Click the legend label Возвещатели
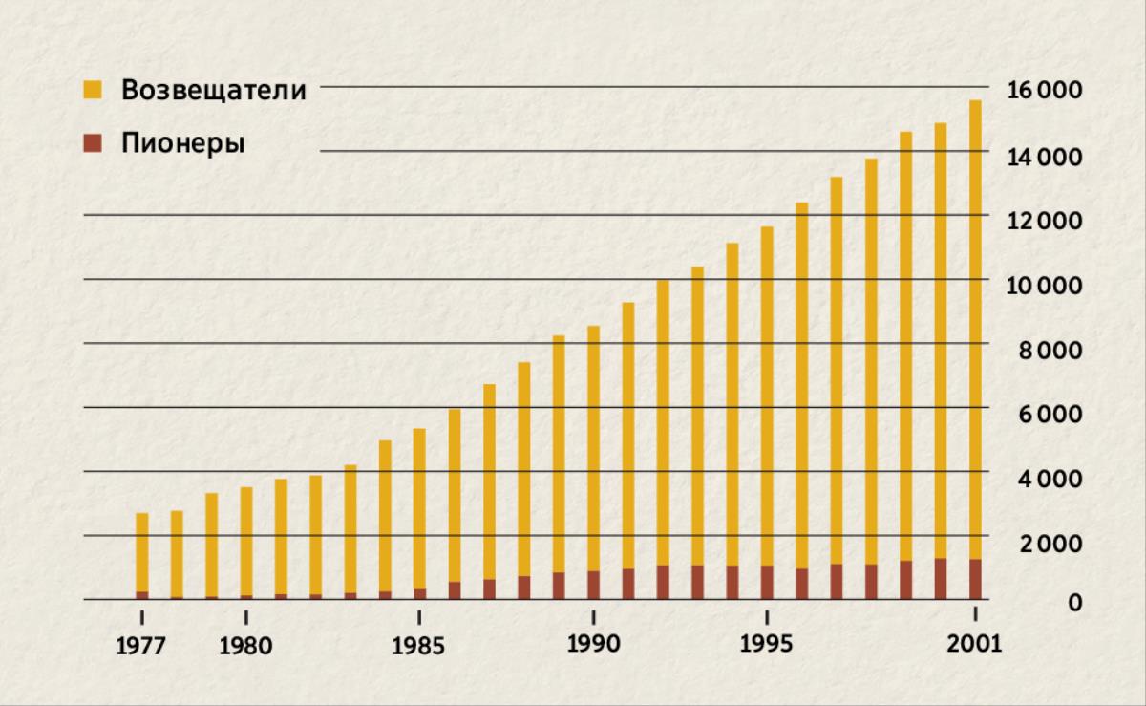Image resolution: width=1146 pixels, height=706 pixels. pyautogui.click(x=213, y=91)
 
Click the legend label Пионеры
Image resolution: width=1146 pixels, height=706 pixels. pyautogui.click(x=182, y=143)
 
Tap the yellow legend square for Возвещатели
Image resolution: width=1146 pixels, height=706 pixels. pyautogui.click(x=92, y=91)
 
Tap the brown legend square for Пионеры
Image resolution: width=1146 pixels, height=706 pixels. pyautogui.click(x=92, y=143)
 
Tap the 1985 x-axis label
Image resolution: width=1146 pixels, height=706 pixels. pyautogui.click(x=418, y=646)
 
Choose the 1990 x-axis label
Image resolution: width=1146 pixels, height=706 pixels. pyautogui.click(x=593, y=644)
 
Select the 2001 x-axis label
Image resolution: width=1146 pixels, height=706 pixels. pyautogui.click(x=974, y=644)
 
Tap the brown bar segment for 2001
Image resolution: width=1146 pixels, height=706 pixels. pyautogui.click(x=975, y=579)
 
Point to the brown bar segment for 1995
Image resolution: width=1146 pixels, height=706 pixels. pyautogui.click(x=767, y=582)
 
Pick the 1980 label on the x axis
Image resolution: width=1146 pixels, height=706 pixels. pyautogui.click(x=245, y=646)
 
